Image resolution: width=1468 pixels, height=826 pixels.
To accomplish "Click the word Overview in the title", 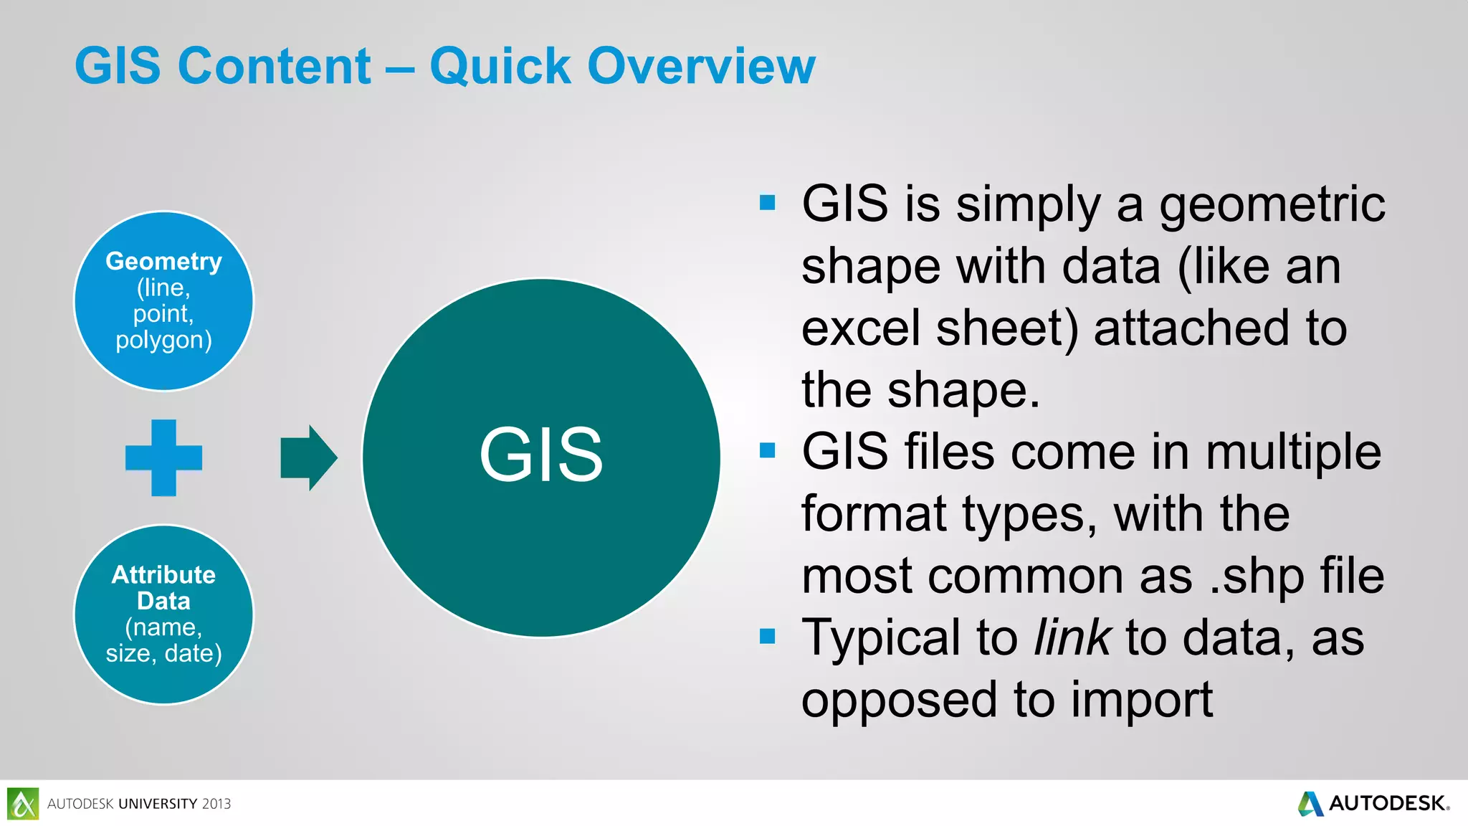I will point(701,66).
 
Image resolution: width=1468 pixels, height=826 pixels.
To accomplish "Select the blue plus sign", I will point(163,457).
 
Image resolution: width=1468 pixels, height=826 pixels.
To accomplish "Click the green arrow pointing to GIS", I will point(308,457).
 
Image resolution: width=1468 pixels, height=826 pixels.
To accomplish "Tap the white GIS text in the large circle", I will point(541,455).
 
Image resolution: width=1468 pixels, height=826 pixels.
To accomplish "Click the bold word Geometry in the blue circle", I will point(163,261).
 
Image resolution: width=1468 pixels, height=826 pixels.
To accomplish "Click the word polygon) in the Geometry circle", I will point(163,339).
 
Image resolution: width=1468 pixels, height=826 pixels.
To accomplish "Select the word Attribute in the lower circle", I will point(163,574).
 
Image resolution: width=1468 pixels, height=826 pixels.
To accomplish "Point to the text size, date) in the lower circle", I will point(163,653).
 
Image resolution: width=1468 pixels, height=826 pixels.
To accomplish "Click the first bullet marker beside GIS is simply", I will point(768,203).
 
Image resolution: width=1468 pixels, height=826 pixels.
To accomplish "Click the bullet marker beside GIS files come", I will point(768,450).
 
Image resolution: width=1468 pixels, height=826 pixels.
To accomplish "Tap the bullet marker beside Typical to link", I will point(768,636).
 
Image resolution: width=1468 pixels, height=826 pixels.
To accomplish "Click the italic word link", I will point(1072,637).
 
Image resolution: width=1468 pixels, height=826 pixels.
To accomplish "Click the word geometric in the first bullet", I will point(1272,204).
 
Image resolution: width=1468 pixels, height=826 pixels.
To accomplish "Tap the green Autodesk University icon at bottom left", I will point(23,803).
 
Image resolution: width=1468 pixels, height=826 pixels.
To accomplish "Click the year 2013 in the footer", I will point(216,804).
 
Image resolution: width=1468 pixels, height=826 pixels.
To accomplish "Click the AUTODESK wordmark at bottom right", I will point(1388,803).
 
